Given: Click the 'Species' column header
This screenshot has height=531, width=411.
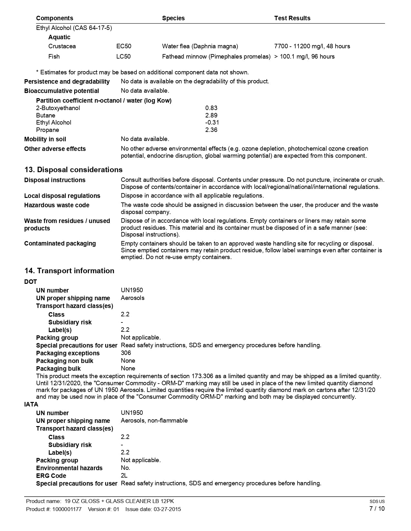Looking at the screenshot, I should [173, 18].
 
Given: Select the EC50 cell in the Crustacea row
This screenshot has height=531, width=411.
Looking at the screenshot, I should [124, 46].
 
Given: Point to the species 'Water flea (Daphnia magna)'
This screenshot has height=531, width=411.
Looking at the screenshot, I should [200, 46].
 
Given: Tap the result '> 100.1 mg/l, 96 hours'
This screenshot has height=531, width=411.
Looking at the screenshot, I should [304, 57].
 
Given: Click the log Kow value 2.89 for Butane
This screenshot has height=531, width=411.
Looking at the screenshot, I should [211, 116].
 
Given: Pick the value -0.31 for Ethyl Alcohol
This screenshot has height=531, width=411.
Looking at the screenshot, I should [212, 123].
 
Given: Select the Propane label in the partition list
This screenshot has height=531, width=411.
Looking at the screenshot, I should [48, 130].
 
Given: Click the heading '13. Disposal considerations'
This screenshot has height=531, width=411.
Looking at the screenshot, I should [73, 170].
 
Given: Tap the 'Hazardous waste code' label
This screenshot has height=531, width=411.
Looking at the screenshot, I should [57, 205].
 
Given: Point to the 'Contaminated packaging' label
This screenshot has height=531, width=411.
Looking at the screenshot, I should [60, 244].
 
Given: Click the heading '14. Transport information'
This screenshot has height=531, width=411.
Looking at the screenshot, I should [69, 271].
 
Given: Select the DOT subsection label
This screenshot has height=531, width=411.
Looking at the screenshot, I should [31, 282].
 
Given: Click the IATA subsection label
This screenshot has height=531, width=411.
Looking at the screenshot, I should [31, 405].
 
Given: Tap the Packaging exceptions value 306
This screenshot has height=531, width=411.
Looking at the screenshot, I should [126, 353].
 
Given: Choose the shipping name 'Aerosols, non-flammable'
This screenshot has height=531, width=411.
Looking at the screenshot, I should [154, 421].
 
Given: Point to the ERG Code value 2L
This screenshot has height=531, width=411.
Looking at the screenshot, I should [124, 476].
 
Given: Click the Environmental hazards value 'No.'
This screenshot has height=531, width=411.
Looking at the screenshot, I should [125, 468].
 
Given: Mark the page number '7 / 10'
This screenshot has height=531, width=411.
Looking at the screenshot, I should [377, 509].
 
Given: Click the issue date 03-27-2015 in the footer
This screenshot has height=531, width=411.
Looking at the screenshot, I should [167, 509].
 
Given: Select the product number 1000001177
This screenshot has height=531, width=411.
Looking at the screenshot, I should [67, 509].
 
